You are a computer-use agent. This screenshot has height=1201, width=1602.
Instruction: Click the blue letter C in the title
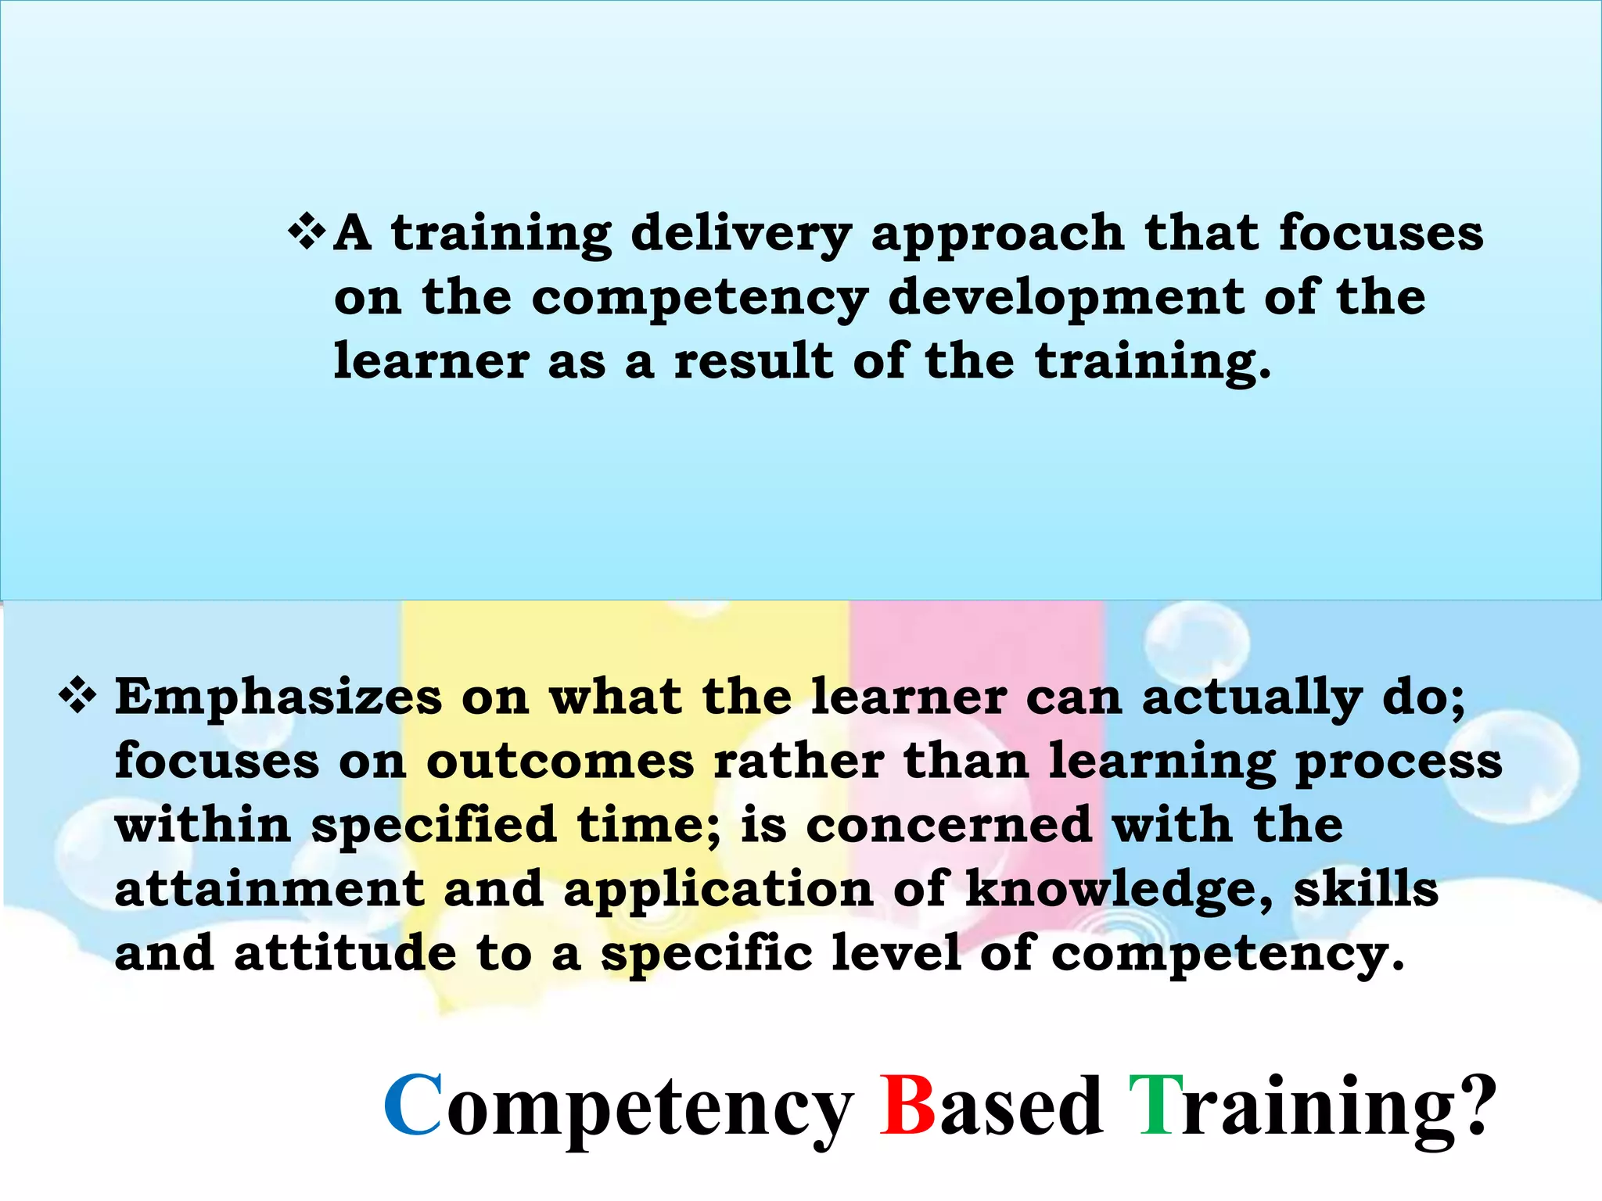click(x=413, y=1105)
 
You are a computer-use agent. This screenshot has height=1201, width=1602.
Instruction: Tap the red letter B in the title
click(x=907, y=1105)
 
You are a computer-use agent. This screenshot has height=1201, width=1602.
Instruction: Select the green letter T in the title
click(x=1155, y=1105)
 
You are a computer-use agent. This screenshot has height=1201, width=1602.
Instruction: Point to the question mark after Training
click(x=1471, y=1105)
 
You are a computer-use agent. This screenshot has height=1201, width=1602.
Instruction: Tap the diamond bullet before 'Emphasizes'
click(x=77, y=696)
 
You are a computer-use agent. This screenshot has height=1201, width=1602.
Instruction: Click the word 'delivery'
click(x=741, y=234)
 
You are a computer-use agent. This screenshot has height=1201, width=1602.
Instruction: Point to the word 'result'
click(x=753, y=362)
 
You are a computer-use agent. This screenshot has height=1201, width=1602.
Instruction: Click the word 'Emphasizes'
click(x=278, y=697)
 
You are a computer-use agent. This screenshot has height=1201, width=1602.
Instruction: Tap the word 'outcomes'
click(x=560, y=762)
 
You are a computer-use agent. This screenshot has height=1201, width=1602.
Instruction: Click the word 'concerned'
click(x=949, y=826)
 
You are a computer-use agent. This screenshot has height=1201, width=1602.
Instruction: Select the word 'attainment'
click(x=269, y=890)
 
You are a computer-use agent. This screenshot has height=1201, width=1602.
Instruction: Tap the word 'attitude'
click(x=344, y=954)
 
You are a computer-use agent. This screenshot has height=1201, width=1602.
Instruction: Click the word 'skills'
click(x=1366, y=890)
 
